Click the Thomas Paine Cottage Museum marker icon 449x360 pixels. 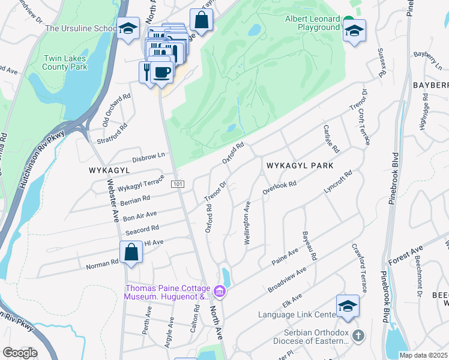(x=220, y=292)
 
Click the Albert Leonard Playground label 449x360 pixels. (x=312, y=23)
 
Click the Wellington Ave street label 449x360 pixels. (x=247, y=223)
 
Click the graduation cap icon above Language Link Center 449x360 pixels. (x=348, y=305)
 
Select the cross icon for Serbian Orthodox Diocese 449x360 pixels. (x=358, y=335)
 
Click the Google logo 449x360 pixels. (x=19, y=353)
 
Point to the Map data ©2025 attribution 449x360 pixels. (x=423, y=355)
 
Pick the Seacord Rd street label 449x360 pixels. (x=142, y=229)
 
